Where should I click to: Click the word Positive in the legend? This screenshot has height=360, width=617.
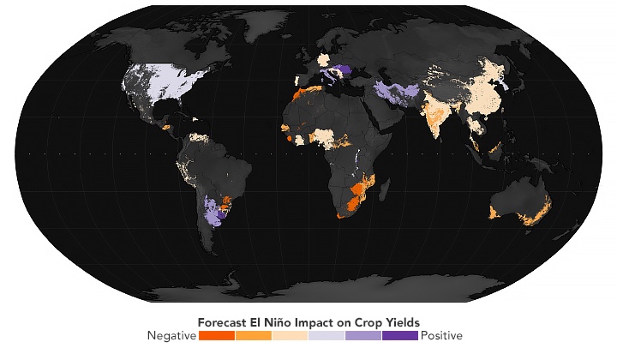tap(441, 335)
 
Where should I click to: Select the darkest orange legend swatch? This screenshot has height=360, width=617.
tap(216, 335)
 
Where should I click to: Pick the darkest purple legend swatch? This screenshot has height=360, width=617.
tap(400, 335)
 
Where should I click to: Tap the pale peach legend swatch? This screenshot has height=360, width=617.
tap(290, 335)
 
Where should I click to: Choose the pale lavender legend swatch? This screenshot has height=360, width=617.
tap(326, 335)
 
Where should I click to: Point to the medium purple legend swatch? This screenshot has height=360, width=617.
tap(363, 335)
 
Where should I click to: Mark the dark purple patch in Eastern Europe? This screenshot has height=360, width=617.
tap(342, 70)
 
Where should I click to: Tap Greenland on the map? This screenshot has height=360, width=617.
tap(249, 34)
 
